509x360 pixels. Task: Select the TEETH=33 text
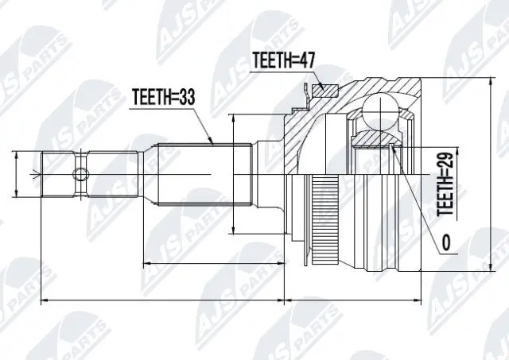pyautogui.click(x=162, y=97)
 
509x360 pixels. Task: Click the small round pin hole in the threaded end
pyautogui.click(x=80, y=175)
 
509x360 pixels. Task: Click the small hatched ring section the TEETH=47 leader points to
pyautogui.click(x=322, y=90)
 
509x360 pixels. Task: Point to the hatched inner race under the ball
pyautogui.click(x=374, y=140)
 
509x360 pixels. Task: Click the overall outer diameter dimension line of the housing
pyautogui.click(x=487, y=175)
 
